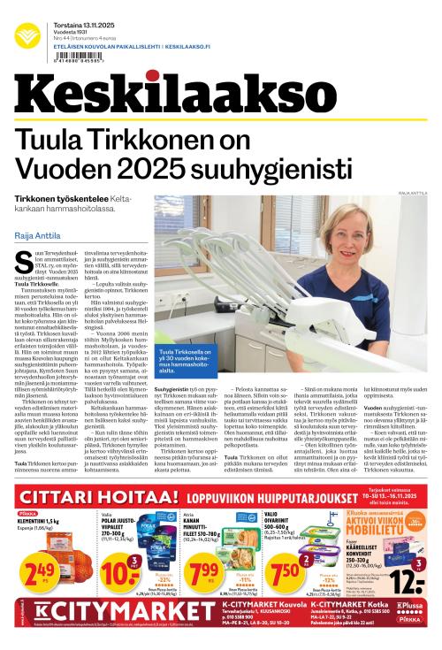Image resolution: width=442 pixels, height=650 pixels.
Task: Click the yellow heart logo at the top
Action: click(x=29, y=34)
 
